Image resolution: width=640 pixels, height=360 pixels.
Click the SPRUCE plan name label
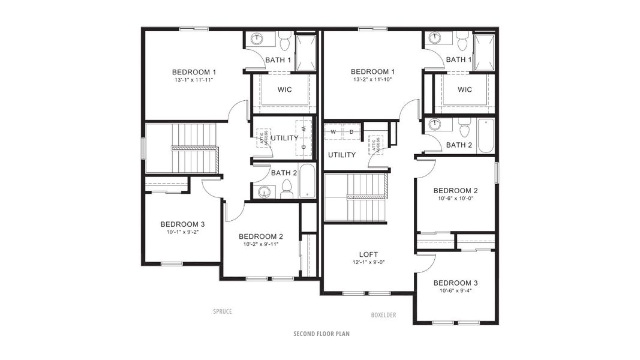pos(222,311)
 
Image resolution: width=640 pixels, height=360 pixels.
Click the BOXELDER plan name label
pos(383,315)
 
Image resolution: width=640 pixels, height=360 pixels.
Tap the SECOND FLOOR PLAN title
pos(321,334)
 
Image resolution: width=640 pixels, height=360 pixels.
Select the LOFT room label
pos(368,254)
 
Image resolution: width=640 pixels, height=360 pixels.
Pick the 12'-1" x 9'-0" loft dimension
pos(368,262)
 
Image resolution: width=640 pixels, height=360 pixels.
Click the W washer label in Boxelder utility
pos(333,132)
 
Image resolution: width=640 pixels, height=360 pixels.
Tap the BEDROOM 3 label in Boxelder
pos(455,283)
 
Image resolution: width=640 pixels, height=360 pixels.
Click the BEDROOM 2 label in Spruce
pos(261,236)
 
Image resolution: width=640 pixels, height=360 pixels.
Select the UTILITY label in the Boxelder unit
pos(341,155)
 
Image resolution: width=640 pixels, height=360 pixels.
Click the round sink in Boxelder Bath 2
pos(436,125)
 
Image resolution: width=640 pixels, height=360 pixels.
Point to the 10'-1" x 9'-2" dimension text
pos(182,232)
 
